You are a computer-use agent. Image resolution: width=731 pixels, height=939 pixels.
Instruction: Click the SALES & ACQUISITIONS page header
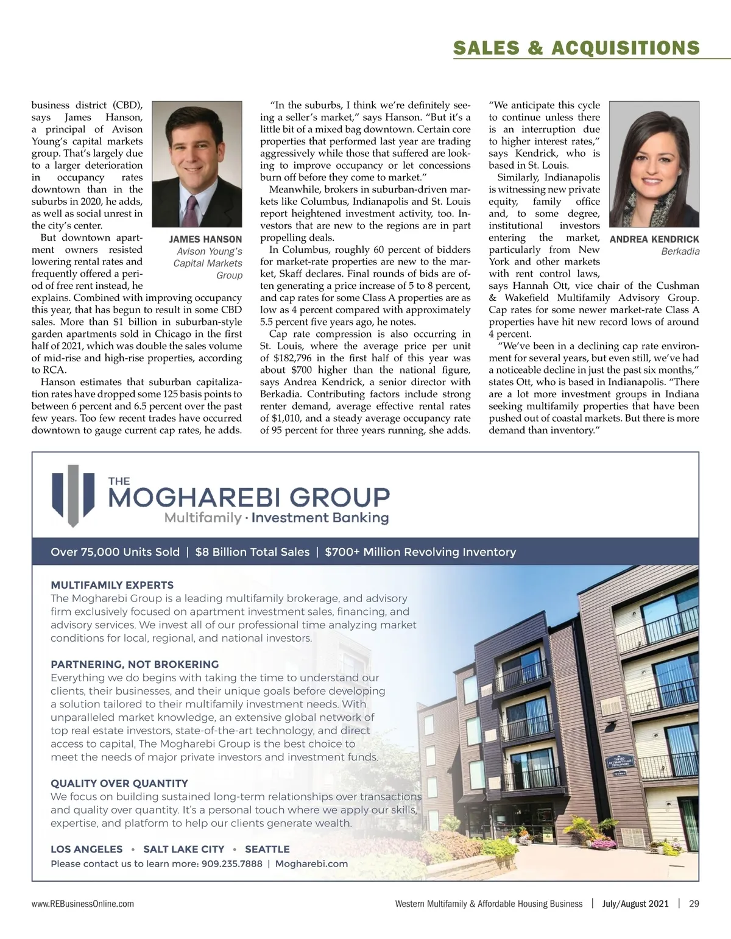tap(576, 48)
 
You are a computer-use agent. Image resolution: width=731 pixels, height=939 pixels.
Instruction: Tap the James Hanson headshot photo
tap(197, 163)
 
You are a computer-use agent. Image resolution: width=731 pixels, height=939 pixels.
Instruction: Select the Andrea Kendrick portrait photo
tap(654, 163)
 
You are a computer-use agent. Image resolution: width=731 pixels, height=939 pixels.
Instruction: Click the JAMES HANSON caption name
tap(205, 239)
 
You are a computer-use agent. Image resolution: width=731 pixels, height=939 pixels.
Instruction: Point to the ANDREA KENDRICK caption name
tap(654, 239)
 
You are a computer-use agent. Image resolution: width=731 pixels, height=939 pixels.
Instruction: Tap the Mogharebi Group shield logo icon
tap(73, 495)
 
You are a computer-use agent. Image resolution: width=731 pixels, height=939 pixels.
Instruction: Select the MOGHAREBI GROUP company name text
tap(248, 497)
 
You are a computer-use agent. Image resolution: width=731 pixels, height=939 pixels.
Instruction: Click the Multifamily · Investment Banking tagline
tap(276, 519)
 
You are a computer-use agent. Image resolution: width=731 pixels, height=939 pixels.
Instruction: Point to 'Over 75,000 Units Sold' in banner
tap(115, 552)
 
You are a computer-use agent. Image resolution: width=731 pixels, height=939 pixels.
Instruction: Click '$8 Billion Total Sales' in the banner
tap(252, 552)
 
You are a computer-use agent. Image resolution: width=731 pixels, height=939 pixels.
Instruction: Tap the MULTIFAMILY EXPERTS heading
tap(112, 585)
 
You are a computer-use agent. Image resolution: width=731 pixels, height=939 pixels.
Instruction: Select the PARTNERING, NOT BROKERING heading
tap(135, 664)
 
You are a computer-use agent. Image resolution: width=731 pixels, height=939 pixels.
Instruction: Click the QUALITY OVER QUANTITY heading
tap(119, 783)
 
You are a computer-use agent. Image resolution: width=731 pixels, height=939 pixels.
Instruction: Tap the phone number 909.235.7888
tap(231, 863)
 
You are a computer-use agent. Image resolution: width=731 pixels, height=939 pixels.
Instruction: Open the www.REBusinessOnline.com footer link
tap(83, 904)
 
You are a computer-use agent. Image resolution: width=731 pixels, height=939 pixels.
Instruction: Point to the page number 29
tap(694, 904)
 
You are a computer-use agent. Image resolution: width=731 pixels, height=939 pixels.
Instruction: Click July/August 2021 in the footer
tap(636, 904)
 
